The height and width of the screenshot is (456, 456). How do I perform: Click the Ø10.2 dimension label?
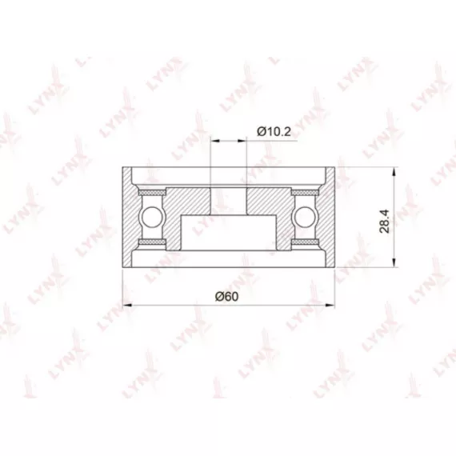point(274,132)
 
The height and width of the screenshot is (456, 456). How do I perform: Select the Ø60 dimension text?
point(226,296)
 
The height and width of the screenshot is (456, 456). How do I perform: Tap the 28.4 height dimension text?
point(385,221)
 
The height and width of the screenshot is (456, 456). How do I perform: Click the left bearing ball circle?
point(151,216)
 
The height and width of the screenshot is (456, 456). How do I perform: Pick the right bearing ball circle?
point(305,216)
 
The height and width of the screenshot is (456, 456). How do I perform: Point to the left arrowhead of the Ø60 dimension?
point(127,305)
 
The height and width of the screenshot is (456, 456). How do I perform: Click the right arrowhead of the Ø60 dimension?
point(330,305)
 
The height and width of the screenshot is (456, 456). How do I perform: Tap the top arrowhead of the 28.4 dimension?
point(394,172)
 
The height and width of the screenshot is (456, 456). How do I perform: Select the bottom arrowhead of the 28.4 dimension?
point(394,262)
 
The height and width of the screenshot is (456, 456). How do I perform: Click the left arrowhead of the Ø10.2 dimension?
point(215,141)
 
